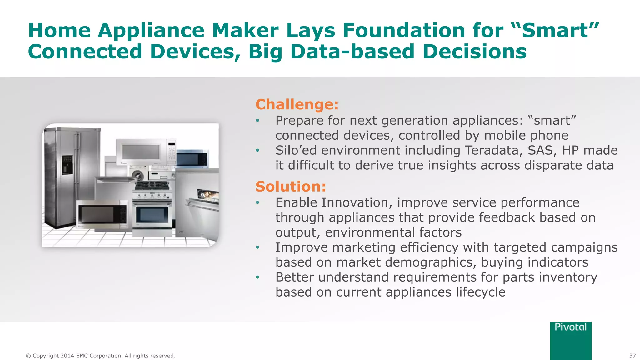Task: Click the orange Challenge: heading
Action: (x=297, y=104)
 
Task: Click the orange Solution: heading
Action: (x=291, y=187)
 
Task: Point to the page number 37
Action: (x=632, y=356)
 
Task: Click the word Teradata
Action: (x=494, y=150)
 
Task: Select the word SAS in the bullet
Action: (x=542, y=150)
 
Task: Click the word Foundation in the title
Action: (x=404, y=31)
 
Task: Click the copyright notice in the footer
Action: (x=100, y=356)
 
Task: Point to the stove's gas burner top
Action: (x=152, y=186)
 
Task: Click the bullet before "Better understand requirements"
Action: (x=257, y=277)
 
